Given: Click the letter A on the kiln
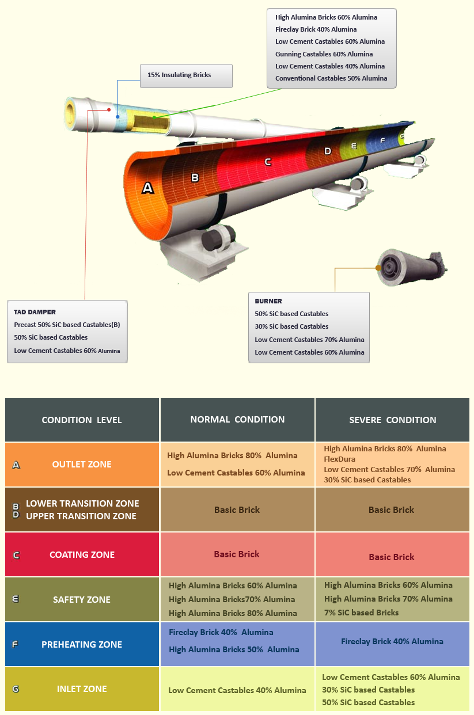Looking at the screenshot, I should (x=148, y=187).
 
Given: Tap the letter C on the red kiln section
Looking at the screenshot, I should (x=268, y=162).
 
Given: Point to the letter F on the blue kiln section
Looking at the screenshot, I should (x=382, y=140).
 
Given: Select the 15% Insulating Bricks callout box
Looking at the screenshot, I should (x=186, y=75).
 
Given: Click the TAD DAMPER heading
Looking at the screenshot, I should (x=35, y=312).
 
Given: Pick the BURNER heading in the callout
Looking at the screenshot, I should (x=268, y=301).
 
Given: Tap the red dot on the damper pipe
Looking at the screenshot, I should (x=109, y=109).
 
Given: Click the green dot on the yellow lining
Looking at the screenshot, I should (x=154, y=117).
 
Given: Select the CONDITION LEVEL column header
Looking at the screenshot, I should (x=82, y=420).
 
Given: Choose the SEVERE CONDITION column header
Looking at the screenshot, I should (x=393, y=420).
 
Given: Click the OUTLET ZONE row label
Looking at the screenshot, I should (x=82, y=464).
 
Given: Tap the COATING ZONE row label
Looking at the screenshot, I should (x=82, y=554).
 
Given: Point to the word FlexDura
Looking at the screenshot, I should (x=340, y=459).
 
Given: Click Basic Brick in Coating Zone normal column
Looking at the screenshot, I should (x=237, y=554).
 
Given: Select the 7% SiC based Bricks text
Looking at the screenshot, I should (x=361, y=613).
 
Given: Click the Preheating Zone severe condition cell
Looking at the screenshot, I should (x=392, y=641).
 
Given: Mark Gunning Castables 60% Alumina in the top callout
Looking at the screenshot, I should (x=324, y=54).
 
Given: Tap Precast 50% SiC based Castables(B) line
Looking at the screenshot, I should (x=67, y=325).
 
